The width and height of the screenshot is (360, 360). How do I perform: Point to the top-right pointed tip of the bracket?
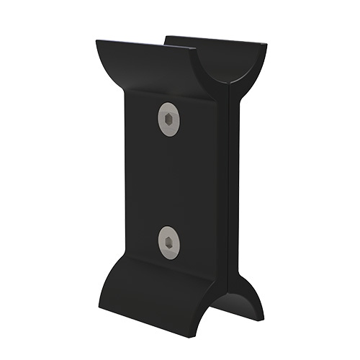[x=266, y=46]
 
